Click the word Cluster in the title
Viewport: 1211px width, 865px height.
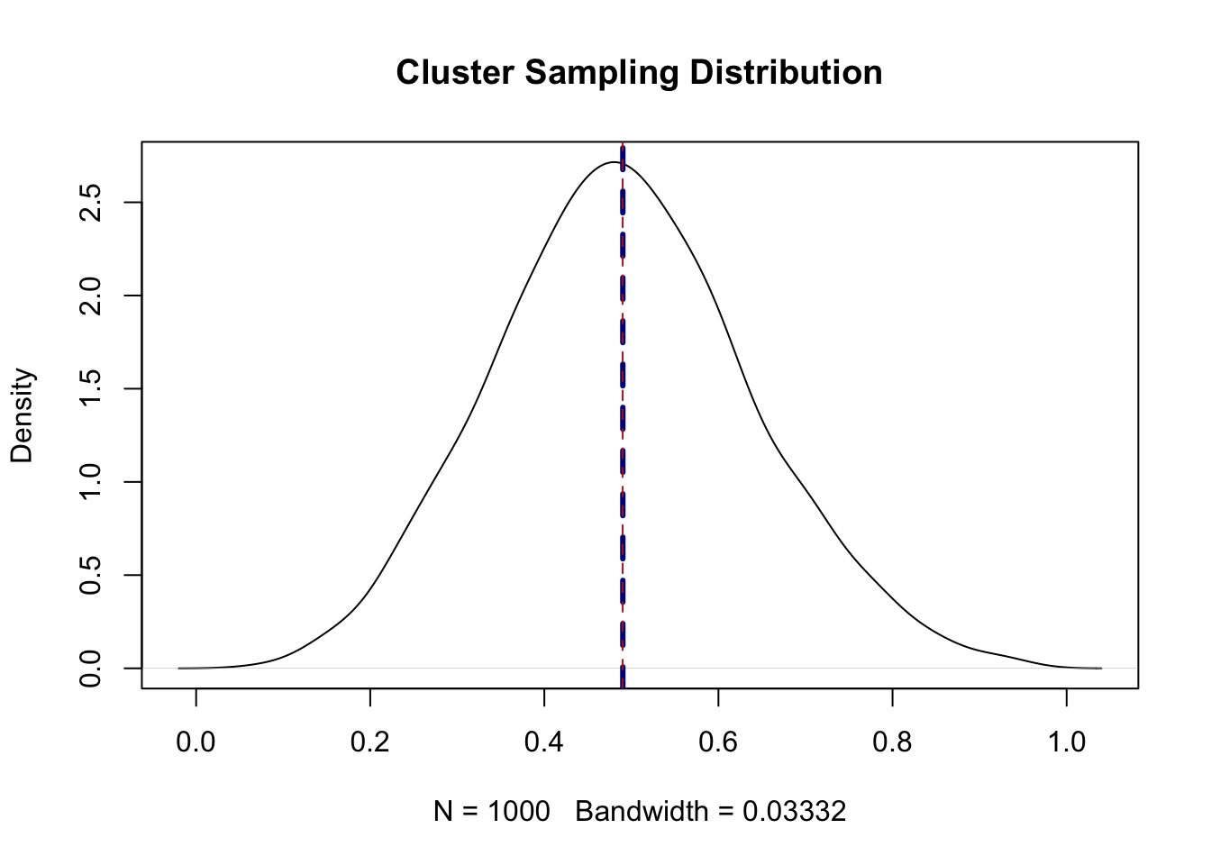pos(455,73)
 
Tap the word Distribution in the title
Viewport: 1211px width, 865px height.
pos(786,73)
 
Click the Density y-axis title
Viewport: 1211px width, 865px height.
pos(22,415)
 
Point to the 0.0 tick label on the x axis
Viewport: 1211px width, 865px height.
pos(196,742)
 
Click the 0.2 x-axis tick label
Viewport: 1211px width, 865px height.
pos(369,742)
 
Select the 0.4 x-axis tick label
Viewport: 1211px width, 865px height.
pos(543,742)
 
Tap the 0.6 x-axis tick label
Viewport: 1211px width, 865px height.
pos(718,742)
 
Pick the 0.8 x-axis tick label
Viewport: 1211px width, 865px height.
pos(892,742)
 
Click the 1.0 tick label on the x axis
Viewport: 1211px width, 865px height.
pos(1066,742)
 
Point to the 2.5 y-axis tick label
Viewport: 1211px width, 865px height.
pos(90,202)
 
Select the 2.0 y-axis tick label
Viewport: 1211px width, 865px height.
pos(90,296)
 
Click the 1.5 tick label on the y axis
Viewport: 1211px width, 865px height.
pos(90,388)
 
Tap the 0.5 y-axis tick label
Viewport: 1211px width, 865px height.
pos(90,575)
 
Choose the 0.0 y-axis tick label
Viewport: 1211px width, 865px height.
pos(90,668)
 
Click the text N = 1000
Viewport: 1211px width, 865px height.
pos(491,812)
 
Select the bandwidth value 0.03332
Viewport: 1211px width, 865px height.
pos(794,812)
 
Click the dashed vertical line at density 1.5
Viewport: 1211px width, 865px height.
pos(623,388)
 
